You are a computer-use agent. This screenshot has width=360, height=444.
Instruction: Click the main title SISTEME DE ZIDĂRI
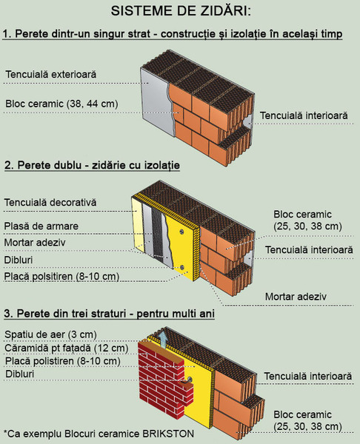[x=181, y=11]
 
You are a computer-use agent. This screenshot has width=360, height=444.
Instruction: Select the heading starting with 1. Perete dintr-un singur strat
[x=173, y=34]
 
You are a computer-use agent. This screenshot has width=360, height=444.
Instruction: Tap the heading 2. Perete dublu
[x=92, y=165]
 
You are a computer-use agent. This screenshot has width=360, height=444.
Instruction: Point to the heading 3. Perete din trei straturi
[x=109, y=314]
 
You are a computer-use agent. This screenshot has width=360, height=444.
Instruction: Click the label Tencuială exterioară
[x=51, y=75]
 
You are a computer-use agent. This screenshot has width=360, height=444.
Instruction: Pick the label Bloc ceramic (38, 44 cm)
[x=61, y=104]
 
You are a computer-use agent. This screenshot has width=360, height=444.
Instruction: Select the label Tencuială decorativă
[x=50, y=203]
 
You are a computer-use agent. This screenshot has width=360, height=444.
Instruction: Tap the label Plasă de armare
[x=41, y=226]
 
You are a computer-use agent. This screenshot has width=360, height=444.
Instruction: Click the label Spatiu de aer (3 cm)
[x=50, y=334]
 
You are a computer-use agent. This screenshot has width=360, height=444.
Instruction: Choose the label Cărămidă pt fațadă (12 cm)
[x=67, y=348]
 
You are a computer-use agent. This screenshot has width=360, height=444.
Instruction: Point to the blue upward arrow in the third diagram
[x=162, y=339]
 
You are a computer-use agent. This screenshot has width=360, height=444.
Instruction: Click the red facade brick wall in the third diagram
[x=163, y=383]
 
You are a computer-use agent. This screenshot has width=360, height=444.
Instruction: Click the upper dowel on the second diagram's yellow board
[x=181, y=232]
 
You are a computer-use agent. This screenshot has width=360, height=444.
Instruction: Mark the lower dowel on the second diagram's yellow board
[x=181, y=267]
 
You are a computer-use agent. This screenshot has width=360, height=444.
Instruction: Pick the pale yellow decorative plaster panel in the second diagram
[x=137, y=223]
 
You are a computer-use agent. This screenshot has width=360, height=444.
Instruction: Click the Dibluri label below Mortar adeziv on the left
[x=19, y=260]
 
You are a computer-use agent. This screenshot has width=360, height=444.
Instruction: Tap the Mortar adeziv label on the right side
[x=296, y=297]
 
